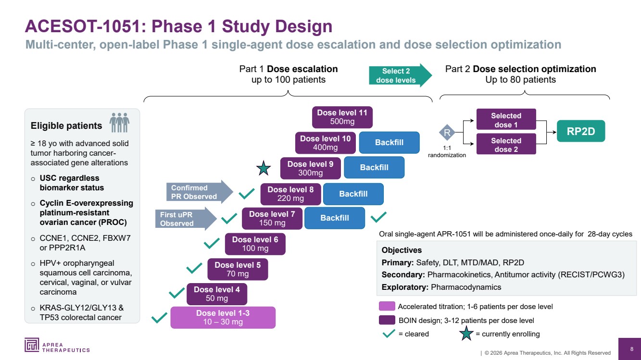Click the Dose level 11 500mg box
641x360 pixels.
342,117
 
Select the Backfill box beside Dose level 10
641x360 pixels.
389,142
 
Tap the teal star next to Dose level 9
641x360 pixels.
264,168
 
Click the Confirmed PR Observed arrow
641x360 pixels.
200,192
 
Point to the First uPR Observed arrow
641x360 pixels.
186,219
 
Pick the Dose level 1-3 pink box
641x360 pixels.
223,317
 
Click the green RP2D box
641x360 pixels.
581,131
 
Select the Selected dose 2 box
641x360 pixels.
506,144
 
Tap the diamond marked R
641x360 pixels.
447,132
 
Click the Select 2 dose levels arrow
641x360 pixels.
401,75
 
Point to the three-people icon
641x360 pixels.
119,123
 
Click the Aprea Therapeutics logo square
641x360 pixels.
32,345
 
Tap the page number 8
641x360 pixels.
632,349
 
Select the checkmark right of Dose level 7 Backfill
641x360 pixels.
378,217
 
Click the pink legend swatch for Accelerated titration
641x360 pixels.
387,306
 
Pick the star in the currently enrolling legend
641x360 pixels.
466,334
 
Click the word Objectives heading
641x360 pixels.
402,250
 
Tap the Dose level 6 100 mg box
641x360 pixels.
255,244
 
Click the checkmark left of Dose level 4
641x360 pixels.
176,293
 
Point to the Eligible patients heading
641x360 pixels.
66,126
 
